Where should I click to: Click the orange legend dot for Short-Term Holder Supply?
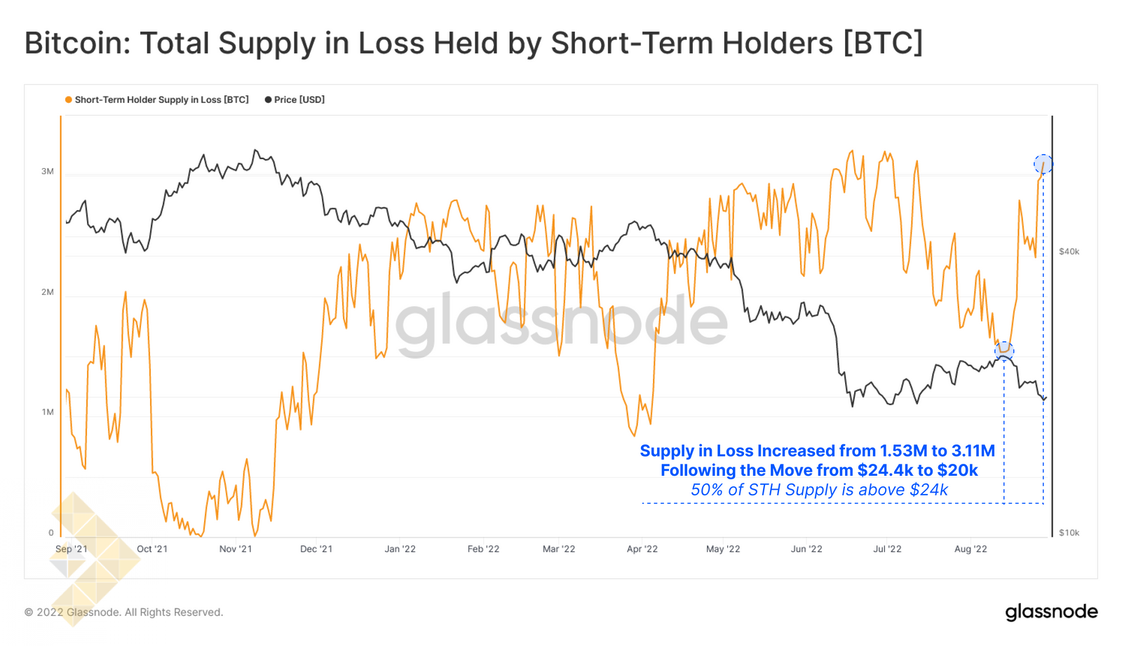click(68, 100)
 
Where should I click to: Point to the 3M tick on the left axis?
click(47, 172)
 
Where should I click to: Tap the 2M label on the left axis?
click(47, 292)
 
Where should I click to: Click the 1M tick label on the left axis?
click(47, 412)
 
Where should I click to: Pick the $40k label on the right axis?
click(1069, 252)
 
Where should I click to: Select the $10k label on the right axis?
click(1069, 533)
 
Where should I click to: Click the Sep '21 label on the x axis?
click(72, 549)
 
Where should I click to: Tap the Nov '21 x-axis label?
click(236, 549)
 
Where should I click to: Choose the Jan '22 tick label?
click(400, 549)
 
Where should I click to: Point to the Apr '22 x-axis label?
click(642, 549)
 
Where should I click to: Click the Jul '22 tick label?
click(887, 549)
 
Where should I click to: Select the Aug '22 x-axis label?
click(971, 549)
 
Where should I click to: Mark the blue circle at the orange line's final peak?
click(1043, 165)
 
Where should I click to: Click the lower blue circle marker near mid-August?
click(1004, 350)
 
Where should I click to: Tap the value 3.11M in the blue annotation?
click(973, 451)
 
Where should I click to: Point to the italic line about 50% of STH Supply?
click(819, 490)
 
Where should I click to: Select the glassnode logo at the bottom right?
click(1051, 612)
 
